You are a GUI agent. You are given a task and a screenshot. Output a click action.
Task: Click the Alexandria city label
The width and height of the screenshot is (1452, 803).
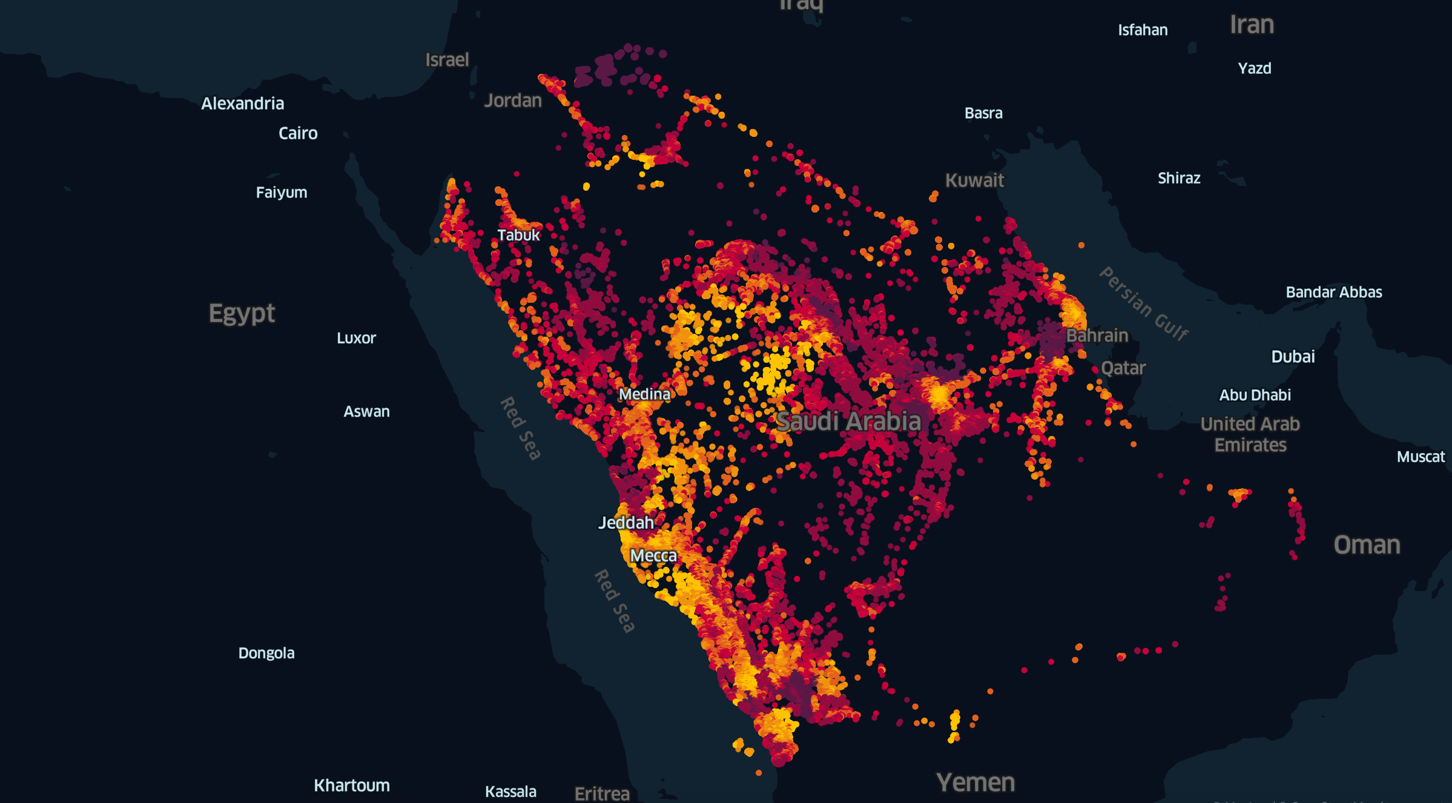[242, 104]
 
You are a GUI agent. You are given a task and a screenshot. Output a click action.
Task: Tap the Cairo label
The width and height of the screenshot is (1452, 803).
[298, 133]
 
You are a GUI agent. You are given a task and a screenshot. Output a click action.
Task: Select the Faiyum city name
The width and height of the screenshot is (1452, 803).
[282, 193]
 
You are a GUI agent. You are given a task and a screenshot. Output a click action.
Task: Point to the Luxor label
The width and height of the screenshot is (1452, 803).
[356, 338]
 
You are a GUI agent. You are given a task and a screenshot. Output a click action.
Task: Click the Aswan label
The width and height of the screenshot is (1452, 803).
[366, 412]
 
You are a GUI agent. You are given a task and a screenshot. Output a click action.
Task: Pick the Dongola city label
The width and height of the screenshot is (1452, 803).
[266, 653]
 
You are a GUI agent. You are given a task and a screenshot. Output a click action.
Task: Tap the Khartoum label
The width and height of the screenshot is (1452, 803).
[352, 785]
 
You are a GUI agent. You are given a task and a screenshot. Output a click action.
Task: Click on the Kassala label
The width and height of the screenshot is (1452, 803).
[510, 791]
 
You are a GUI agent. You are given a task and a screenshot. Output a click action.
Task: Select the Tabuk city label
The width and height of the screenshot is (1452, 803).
[518, 235]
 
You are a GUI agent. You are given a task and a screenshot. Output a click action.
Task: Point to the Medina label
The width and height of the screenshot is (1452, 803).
[644, 394]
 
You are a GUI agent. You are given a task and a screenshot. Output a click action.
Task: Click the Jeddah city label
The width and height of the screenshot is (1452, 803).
[626, 523]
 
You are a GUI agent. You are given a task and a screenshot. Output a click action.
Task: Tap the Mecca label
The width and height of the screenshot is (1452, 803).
[653, 556]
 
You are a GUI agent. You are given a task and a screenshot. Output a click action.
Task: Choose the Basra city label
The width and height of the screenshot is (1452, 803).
[983, 113]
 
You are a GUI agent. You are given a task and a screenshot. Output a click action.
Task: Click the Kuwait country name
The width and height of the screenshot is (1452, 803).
[974, 180]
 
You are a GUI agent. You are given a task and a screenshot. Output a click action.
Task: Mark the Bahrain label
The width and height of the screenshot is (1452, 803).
[1097, 335]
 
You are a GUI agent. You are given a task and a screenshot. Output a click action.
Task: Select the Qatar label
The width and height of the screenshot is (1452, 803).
[1123, 368]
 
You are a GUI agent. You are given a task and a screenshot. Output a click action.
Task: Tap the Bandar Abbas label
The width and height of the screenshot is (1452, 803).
[1334, 292]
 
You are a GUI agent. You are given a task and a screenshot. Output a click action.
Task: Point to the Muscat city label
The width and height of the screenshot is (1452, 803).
[1421, 457]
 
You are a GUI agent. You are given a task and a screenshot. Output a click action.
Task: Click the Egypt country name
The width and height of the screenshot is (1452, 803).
[242, 314]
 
